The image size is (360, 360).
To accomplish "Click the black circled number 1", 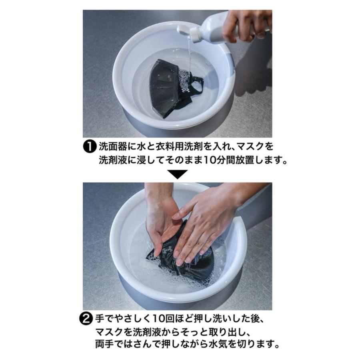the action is tap(89, 147).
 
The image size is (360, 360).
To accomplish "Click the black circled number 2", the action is tap(86, 319).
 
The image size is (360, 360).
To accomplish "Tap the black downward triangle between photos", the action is tap(178, 174).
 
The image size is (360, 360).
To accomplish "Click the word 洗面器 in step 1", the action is tap(113, 147).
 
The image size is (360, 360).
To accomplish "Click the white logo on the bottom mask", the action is tap(167, 249).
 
